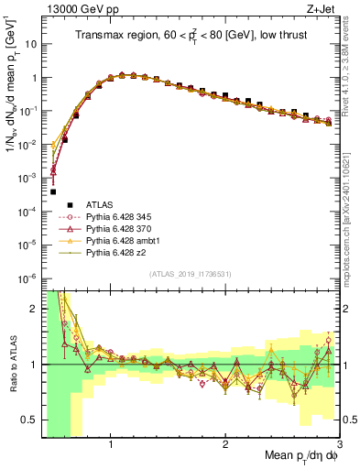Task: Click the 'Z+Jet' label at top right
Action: coord(324,8)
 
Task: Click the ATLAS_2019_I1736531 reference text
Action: coord(191,275)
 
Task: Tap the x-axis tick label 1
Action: coord(111,445)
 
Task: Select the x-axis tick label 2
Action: coord(225,445)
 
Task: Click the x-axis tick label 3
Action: coord(338,445)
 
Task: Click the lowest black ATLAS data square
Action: coord(53,192)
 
